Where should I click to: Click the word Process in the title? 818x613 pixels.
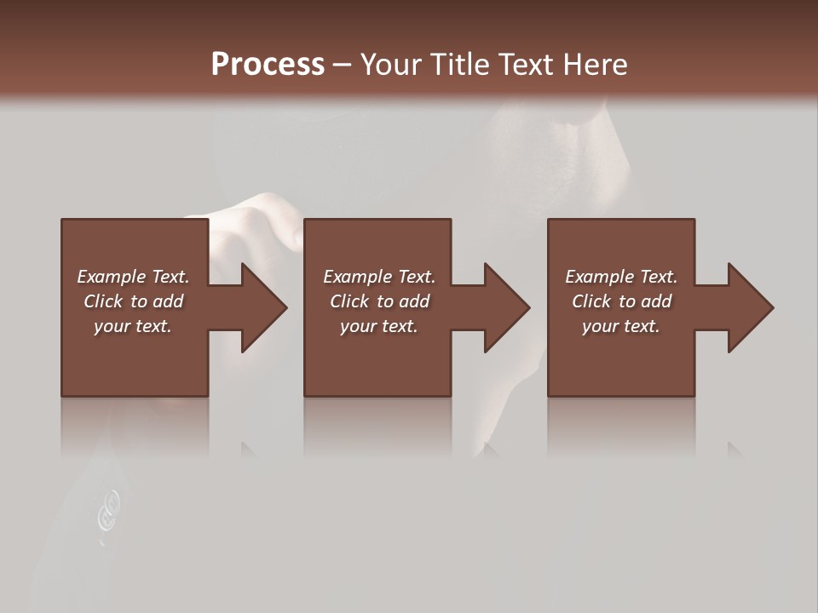point(268,65)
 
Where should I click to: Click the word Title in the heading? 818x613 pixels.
point(460,65)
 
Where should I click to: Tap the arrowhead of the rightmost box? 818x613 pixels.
point(749,307)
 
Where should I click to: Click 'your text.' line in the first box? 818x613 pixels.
point(133,326)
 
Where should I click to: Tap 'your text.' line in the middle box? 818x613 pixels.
point(378,326)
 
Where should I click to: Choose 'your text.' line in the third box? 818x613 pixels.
point(621,326)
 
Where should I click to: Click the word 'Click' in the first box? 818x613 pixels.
point(103,301)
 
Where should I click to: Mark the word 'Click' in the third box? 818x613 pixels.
point(591,301)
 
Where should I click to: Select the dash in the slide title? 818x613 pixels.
point(342,65)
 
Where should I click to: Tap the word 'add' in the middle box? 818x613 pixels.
point(414,301)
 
